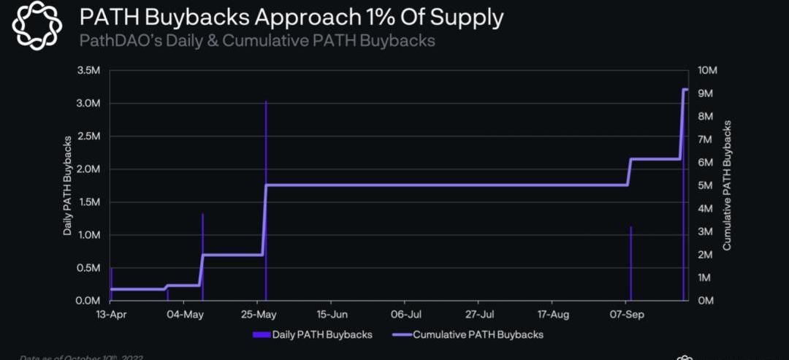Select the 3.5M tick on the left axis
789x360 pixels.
point(88,70)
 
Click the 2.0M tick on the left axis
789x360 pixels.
point(88,169)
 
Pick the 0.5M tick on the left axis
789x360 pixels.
point(88,268)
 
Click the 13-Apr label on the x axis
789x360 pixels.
point(110,315)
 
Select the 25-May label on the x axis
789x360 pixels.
point(258,315)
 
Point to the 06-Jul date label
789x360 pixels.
point(405,315)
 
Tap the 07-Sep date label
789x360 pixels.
point(627,315)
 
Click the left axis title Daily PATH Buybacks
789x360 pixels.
point(68,185)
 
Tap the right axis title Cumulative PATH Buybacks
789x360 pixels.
point(727,185)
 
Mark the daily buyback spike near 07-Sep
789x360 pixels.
point(630,263)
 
